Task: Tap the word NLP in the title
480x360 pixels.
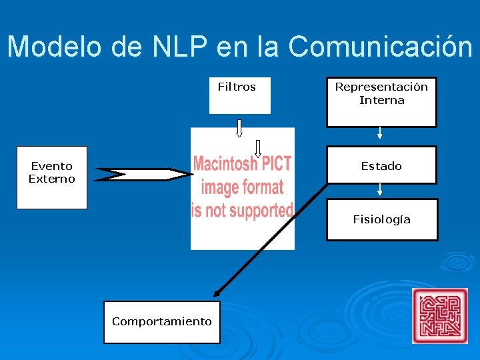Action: [181, 47]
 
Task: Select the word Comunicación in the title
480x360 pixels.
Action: [381, 47]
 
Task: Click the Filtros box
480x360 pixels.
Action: [239, 95]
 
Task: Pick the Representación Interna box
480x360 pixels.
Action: [381, 101]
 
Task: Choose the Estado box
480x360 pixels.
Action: [381, 165]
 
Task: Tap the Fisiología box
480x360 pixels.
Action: [381, 219]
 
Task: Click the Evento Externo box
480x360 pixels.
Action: [52, 177]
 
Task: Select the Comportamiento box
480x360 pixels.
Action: [161, 321]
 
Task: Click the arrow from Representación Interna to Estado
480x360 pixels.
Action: [379, 132]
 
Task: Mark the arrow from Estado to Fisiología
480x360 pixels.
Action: [379, 189]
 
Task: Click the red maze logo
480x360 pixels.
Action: [439, 315]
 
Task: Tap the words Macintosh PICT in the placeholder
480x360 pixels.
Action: [241, 163]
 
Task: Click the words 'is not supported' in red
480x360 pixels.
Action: [241, 210]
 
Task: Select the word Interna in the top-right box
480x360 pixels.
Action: [381, 101]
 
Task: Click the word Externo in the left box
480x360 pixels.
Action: [52, 179]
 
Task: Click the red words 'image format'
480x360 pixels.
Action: [242, 187]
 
